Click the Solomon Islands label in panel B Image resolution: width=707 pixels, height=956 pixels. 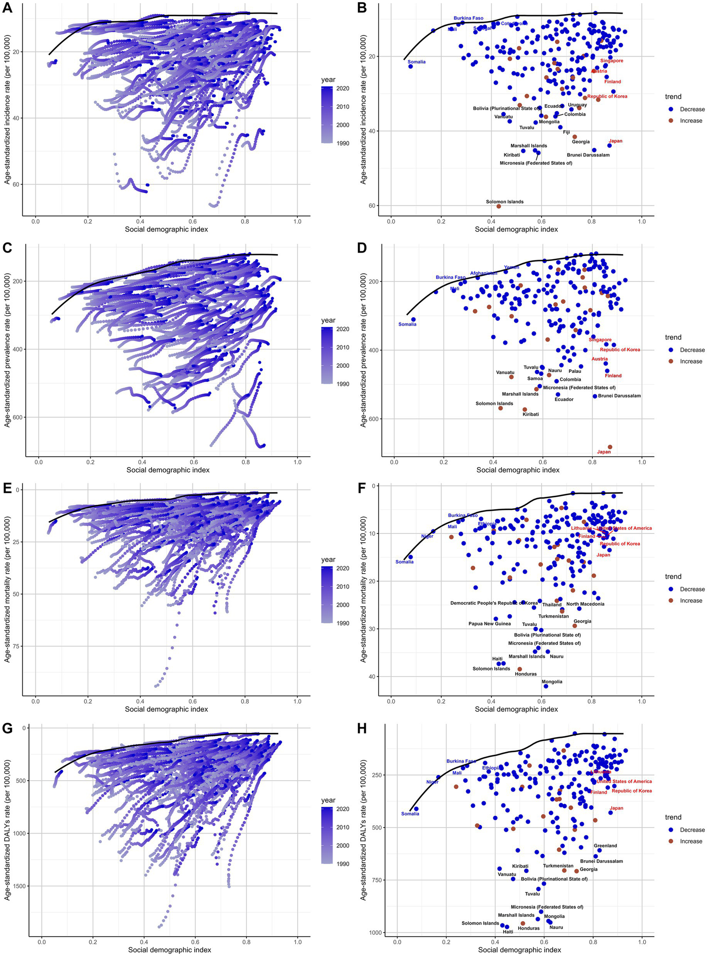(x=504, y=202)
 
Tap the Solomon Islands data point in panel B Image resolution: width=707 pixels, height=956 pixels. (x=498, y=206)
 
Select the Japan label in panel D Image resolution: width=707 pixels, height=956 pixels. (x=603, y=452)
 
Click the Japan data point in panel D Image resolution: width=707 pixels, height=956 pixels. (x=610, y=447)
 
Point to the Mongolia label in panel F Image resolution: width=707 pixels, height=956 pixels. (x=551, y=682)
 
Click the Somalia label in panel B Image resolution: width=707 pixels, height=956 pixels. (x=416, y=62)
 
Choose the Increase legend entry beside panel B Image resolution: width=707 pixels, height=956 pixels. (x=690, y=121)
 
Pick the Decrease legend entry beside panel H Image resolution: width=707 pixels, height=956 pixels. (x=692, y=830)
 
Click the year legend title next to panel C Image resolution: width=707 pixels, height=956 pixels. (x=328, y=320)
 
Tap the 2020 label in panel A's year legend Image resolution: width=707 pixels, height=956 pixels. (x=342, y=88)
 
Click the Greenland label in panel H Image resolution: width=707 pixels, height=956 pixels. (x=605, y=846)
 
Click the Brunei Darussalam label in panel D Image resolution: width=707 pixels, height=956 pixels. (x=619, y=396)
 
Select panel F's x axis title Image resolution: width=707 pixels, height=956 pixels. (x=516, y=709)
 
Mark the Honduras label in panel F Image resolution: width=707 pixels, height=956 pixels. (x=526, y=674)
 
